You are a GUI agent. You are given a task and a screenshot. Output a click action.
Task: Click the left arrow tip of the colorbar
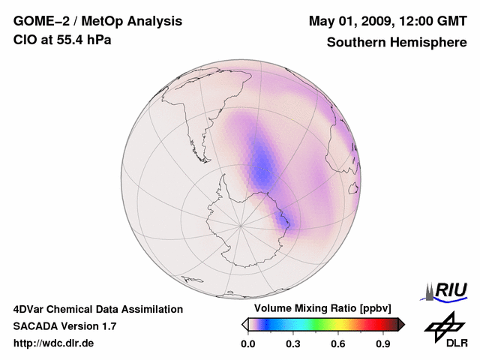pyautogui.click(x=244, y=324)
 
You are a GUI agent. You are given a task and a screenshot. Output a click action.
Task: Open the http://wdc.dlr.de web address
pyautogui.click(x=54, y=343)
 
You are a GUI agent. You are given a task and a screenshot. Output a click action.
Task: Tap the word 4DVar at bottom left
pyautogui.click(x=30, y=309)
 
